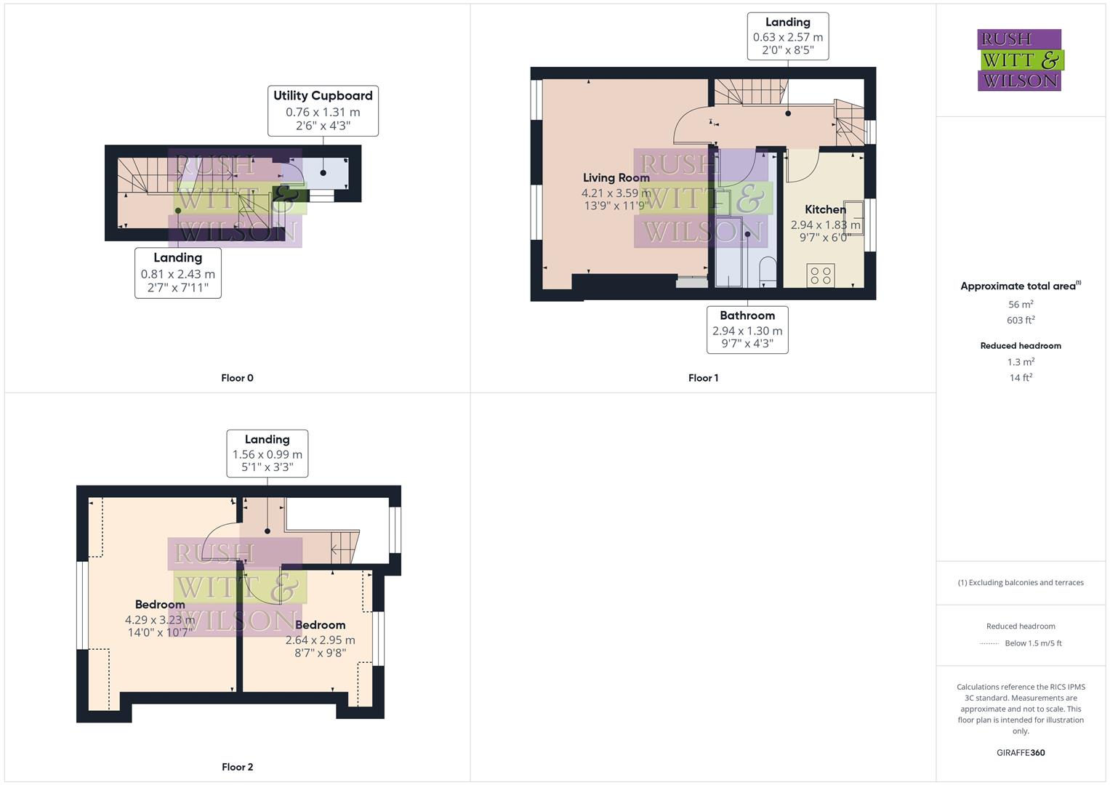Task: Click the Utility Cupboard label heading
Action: click(x=323, y=96)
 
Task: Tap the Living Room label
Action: click(x=616, y=178)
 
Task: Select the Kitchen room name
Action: click(x=825, y=209)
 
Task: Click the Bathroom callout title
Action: click(x=747, y=315)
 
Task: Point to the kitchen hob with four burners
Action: click(x=821, y=275)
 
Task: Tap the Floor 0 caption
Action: click(x=237, y=378)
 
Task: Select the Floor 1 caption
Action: click(x=703, y=378)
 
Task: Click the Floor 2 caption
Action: click(x=237, y=767)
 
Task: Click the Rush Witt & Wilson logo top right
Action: click(x=1020, y=60)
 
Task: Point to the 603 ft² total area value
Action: click(x=1021, y=321)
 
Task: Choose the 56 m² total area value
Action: click(x=1021, y=305)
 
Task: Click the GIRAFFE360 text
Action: click(x=1021, y=753)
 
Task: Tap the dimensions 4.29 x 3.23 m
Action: click(x=160, y=620)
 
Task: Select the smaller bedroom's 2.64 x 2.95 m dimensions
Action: click(x=320, y=640)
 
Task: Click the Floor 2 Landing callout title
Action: click(x=267, y=440)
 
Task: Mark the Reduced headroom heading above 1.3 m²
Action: click(x=1021, y=346)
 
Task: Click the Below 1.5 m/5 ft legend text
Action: click(x=1033, y=643)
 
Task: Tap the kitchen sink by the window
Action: click(x=853, y=216)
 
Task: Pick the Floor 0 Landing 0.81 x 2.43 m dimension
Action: click(x=177, y=275)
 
